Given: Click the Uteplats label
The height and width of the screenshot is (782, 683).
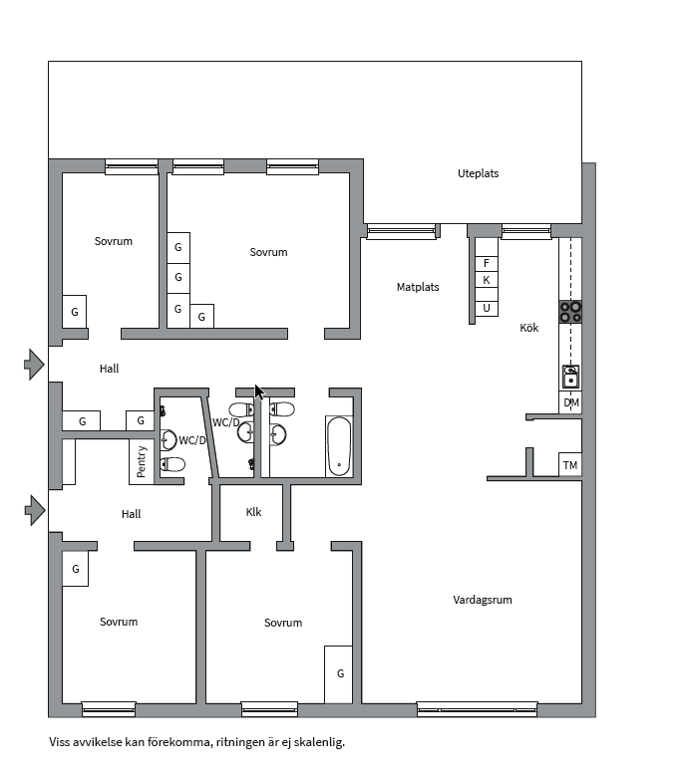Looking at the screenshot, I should click(x=478, y=173).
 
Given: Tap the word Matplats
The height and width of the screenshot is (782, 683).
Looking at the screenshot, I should click(x=418, y=287).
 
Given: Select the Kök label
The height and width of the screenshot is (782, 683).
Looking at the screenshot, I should click(x=528, y=328).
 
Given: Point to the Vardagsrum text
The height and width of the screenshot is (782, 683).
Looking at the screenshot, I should click(x=483, y=600).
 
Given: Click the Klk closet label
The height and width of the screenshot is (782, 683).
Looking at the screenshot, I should click(x=253, y=512).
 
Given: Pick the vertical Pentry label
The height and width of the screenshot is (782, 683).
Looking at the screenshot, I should click(x=142, y=461).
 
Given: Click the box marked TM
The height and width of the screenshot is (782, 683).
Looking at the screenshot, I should click(x=570, y=465).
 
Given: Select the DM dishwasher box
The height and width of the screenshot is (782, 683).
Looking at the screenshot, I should click(x=570, y=402).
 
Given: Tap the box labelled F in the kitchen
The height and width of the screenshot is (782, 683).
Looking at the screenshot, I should click(x=486, y=263).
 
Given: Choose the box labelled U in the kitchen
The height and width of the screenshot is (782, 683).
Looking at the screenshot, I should click(x=486, y=308).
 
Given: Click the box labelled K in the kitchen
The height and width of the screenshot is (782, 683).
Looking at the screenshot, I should click(x=486, y=280).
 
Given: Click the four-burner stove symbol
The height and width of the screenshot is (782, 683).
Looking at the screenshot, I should click(x=570, y=312).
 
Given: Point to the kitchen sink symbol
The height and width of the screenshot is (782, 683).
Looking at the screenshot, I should click(x=570, y=377).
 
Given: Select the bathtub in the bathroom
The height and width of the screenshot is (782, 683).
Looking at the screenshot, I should click(x=339, y=446).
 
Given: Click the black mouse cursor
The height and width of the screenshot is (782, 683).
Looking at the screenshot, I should click(x=259, y=391).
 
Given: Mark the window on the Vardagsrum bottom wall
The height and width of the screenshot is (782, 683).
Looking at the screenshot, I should click(x=477, y=709).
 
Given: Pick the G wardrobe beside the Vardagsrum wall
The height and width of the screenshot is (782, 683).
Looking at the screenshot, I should click(x=340, y=673).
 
